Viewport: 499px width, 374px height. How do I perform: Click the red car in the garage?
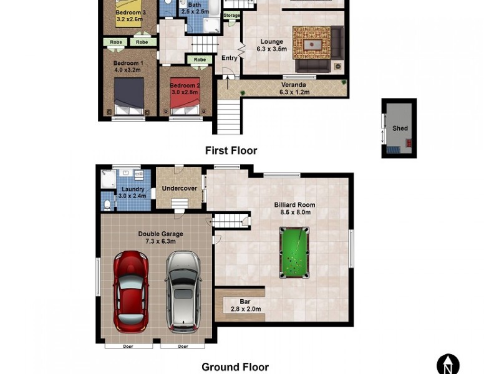[x=131, y=291]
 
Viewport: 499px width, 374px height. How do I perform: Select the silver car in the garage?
[x=183, y=291]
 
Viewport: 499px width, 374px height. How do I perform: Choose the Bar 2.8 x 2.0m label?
[x=245, y=305]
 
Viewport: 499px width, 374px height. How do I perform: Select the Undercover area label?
[x=180, y=188]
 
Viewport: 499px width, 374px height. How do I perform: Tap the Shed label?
[x=400, y=128]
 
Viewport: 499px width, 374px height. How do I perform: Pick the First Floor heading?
[x=231, y=150]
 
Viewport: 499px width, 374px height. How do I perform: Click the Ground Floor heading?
[x=235, y=367]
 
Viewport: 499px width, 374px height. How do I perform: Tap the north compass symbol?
[x=448, y=365]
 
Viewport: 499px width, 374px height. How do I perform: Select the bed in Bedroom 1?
[x=129, y=97]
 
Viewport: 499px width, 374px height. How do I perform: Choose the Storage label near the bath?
[x=231, y=15]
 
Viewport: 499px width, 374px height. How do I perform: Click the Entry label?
[x=229, y=58]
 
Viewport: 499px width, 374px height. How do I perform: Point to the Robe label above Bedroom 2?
[x=200, y=60]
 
